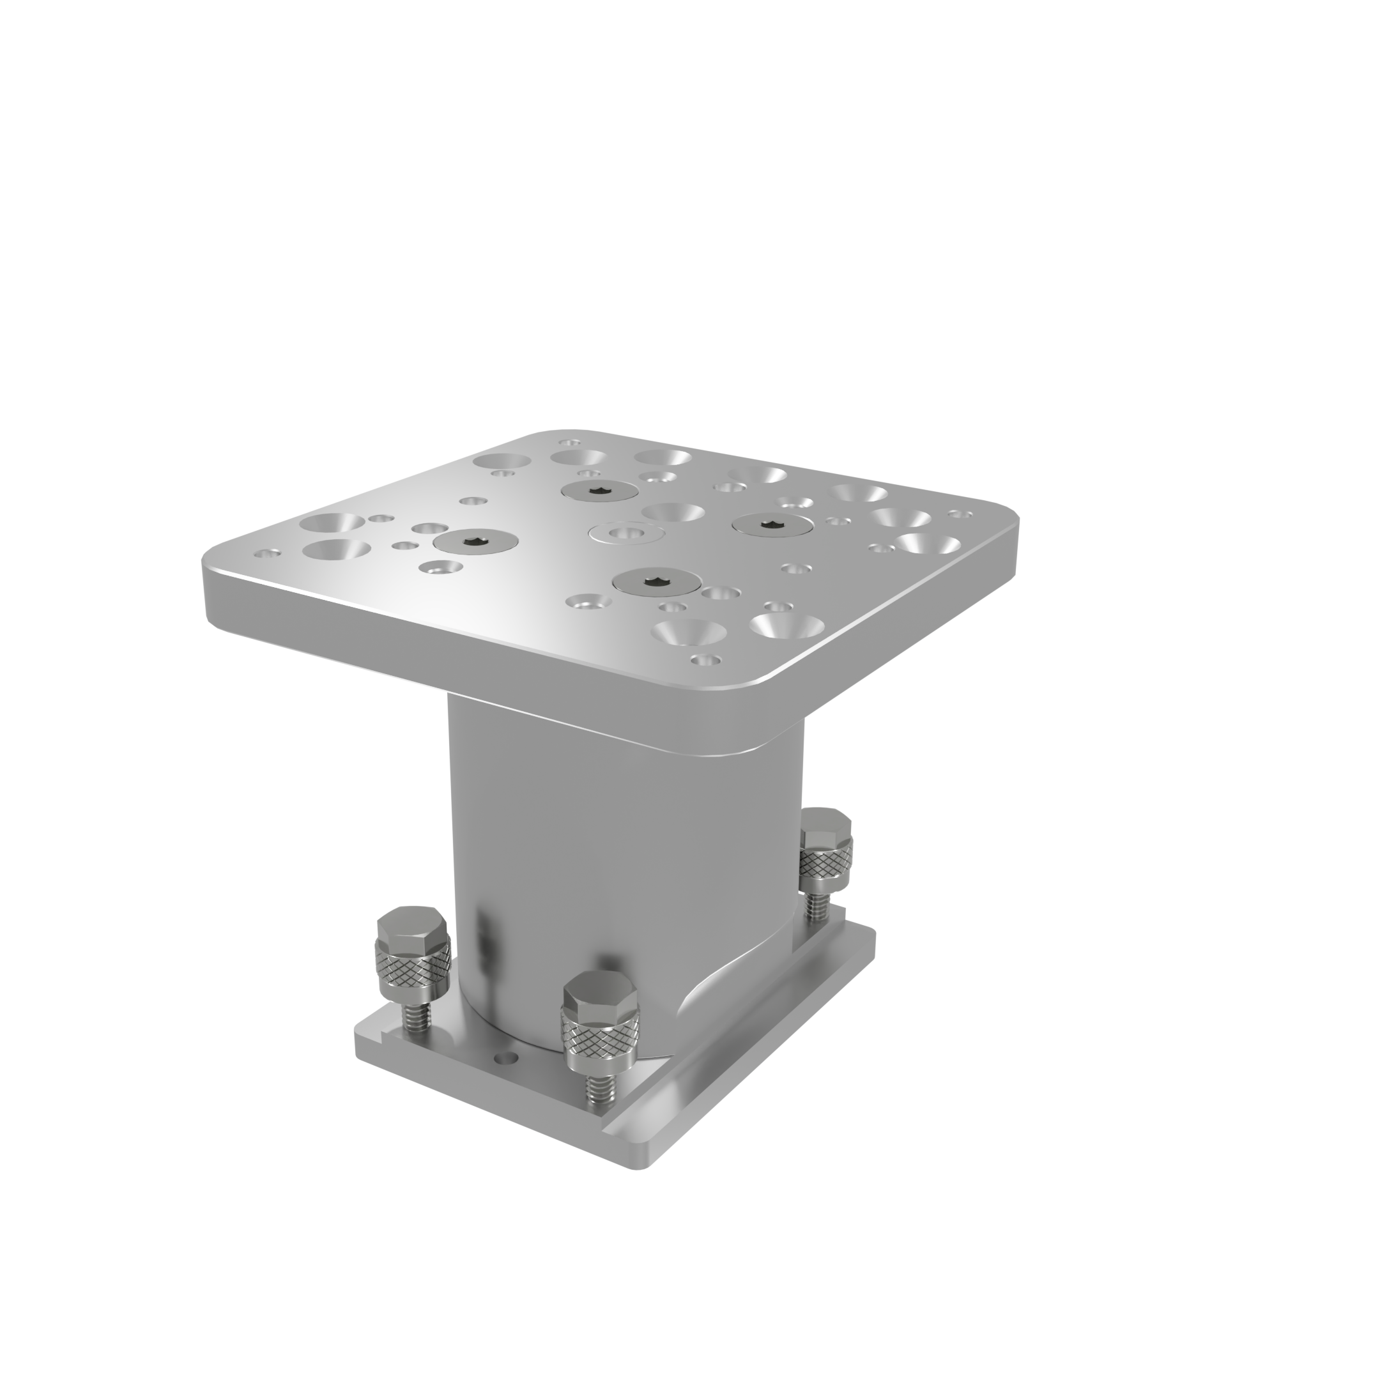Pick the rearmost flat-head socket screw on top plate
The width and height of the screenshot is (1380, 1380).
pos(599,490)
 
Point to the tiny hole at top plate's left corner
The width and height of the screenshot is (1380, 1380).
pos(268,553)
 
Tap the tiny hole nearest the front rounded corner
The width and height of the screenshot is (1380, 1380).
pos(704,660)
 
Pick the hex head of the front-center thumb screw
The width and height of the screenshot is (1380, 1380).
pos(599,995)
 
